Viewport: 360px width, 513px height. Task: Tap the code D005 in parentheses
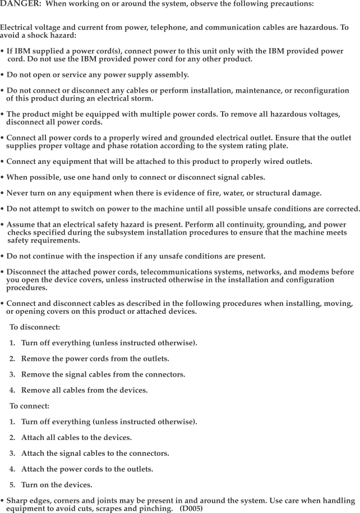191,509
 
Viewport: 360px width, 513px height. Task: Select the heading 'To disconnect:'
35,327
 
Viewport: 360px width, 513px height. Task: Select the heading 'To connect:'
29,405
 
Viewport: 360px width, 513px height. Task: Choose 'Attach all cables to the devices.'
76,437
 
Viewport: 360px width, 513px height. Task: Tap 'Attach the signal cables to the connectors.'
95,453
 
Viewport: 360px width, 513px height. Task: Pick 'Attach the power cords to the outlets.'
87,469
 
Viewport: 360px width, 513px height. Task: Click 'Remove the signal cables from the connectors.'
103,374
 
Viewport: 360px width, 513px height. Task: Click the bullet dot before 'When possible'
3,177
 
